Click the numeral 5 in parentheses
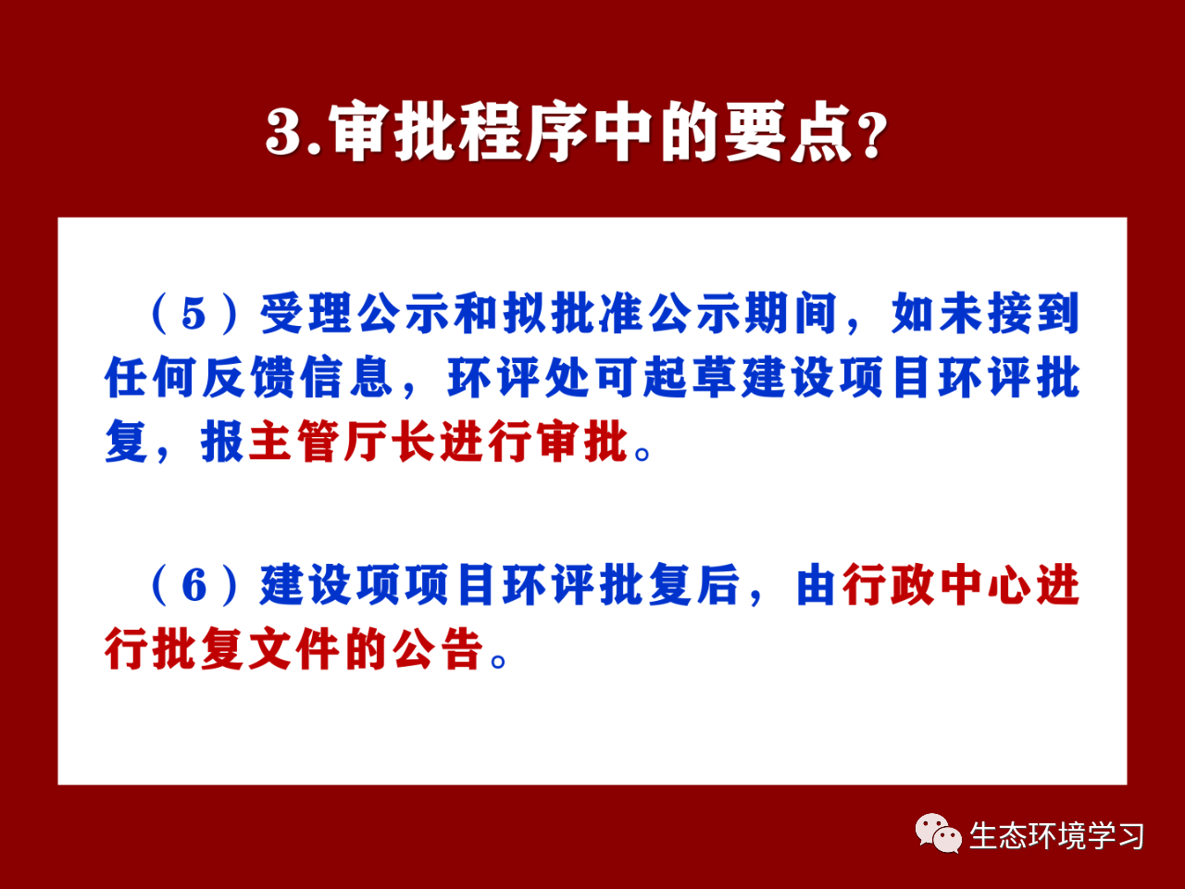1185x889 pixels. [193, 314]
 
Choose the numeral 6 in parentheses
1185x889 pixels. [194, 585]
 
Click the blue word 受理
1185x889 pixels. [306, 313]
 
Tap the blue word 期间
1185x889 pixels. [792, 313]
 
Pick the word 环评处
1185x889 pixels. [518, 377]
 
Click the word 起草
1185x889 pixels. [691, 377]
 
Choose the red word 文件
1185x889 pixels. [294, 648]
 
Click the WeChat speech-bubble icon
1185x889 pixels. [939, 833]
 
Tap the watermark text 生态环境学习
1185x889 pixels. [1056, 836]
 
